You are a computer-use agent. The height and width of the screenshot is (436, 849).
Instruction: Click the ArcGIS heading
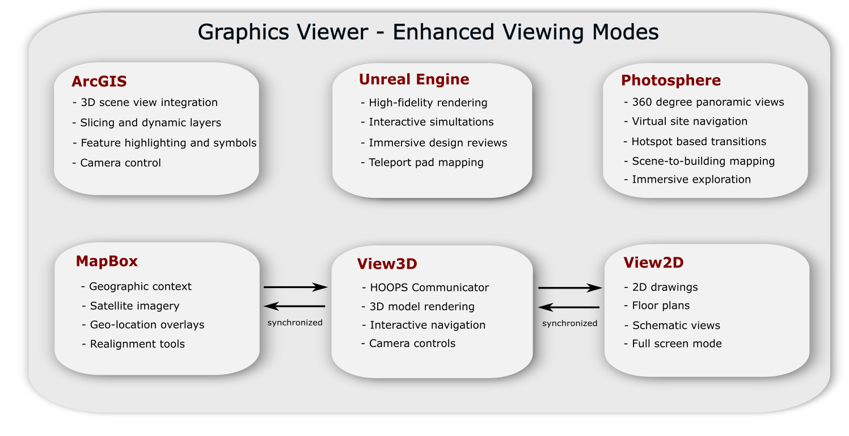99,82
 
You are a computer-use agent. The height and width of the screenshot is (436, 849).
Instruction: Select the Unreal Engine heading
414,79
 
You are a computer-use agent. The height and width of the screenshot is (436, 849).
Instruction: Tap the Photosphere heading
671,81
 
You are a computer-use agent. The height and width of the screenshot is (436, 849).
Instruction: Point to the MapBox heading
107,261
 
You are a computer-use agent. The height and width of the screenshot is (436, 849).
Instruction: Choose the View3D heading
387,264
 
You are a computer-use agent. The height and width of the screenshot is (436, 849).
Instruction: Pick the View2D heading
653,263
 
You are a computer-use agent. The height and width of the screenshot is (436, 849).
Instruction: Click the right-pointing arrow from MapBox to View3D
295,287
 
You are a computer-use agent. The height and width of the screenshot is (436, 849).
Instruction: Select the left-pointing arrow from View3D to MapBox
294,306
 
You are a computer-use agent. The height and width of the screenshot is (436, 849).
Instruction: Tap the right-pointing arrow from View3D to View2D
570,288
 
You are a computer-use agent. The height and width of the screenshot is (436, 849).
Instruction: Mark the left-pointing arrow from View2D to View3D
569,307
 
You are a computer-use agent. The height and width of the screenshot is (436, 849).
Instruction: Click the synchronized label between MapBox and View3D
295,323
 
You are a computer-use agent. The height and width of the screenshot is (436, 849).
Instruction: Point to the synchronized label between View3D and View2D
569,323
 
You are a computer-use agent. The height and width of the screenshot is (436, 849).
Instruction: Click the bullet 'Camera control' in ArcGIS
117,163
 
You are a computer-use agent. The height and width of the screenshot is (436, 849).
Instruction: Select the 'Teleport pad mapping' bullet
422,163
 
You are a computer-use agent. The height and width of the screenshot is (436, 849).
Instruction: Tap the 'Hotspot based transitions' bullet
695,141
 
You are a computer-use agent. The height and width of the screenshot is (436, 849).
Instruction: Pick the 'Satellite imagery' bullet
131,306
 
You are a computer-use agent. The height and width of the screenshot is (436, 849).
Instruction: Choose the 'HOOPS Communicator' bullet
425,287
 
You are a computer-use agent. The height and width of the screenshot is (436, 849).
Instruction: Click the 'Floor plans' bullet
657,306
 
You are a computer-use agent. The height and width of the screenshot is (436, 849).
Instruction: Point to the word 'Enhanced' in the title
443,32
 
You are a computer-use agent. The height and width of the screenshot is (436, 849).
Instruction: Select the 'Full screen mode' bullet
673,344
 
